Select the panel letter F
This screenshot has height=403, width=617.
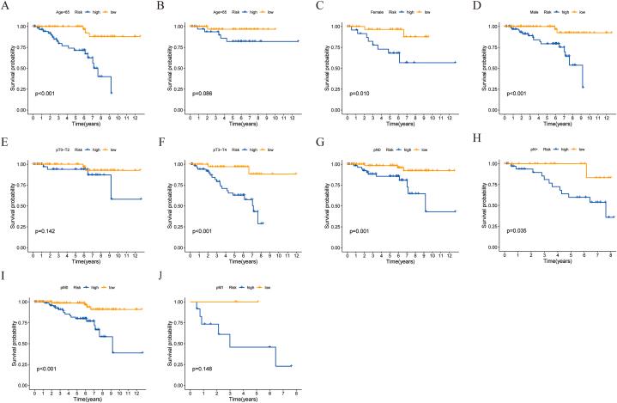point(162,143)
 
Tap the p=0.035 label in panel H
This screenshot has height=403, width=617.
point(512,231)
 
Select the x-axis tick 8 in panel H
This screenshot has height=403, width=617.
point(607,256)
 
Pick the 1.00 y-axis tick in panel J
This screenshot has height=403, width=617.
point(174,301)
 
